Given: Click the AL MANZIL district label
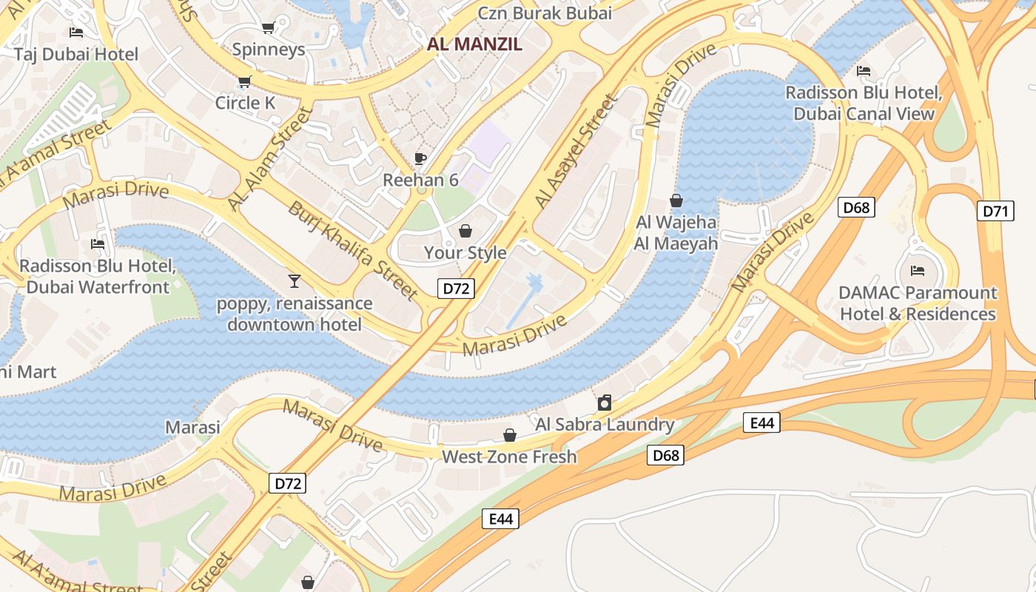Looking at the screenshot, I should (x=474, y=44).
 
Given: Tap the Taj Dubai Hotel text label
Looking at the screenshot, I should (x=76, y=54).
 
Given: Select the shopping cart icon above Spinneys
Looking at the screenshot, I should (x=268, y=28).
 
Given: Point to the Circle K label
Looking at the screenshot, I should (x=245, y=103).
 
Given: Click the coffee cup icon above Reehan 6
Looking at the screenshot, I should (x=420, y=158).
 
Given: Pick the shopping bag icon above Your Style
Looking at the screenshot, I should (x=465, y=231).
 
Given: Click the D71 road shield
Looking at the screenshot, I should (x=995, y=211).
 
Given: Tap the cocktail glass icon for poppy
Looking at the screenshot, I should (x=294, y=280).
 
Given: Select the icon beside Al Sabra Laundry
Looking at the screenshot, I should (x=605, y=403).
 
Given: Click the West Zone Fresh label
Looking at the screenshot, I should (x=509, y=457).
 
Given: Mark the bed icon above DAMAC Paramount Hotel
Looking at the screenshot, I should (x=918, y=271).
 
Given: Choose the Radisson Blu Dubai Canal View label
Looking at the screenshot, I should (x=864, y=104).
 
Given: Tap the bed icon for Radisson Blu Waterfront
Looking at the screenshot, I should (x=97, y=244).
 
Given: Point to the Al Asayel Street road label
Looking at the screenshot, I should (x=576, y=152).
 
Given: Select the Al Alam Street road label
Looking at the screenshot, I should (x=269, y=158).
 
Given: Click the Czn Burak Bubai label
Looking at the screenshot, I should (x=545, y=13).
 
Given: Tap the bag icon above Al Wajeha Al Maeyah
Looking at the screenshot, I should (x=676, y=201).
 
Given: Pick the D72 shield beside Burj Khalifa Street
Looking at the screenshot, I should (x=455, y=289).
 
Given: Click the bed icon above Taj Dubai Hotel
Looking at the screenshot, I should (x=75, y=33).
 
